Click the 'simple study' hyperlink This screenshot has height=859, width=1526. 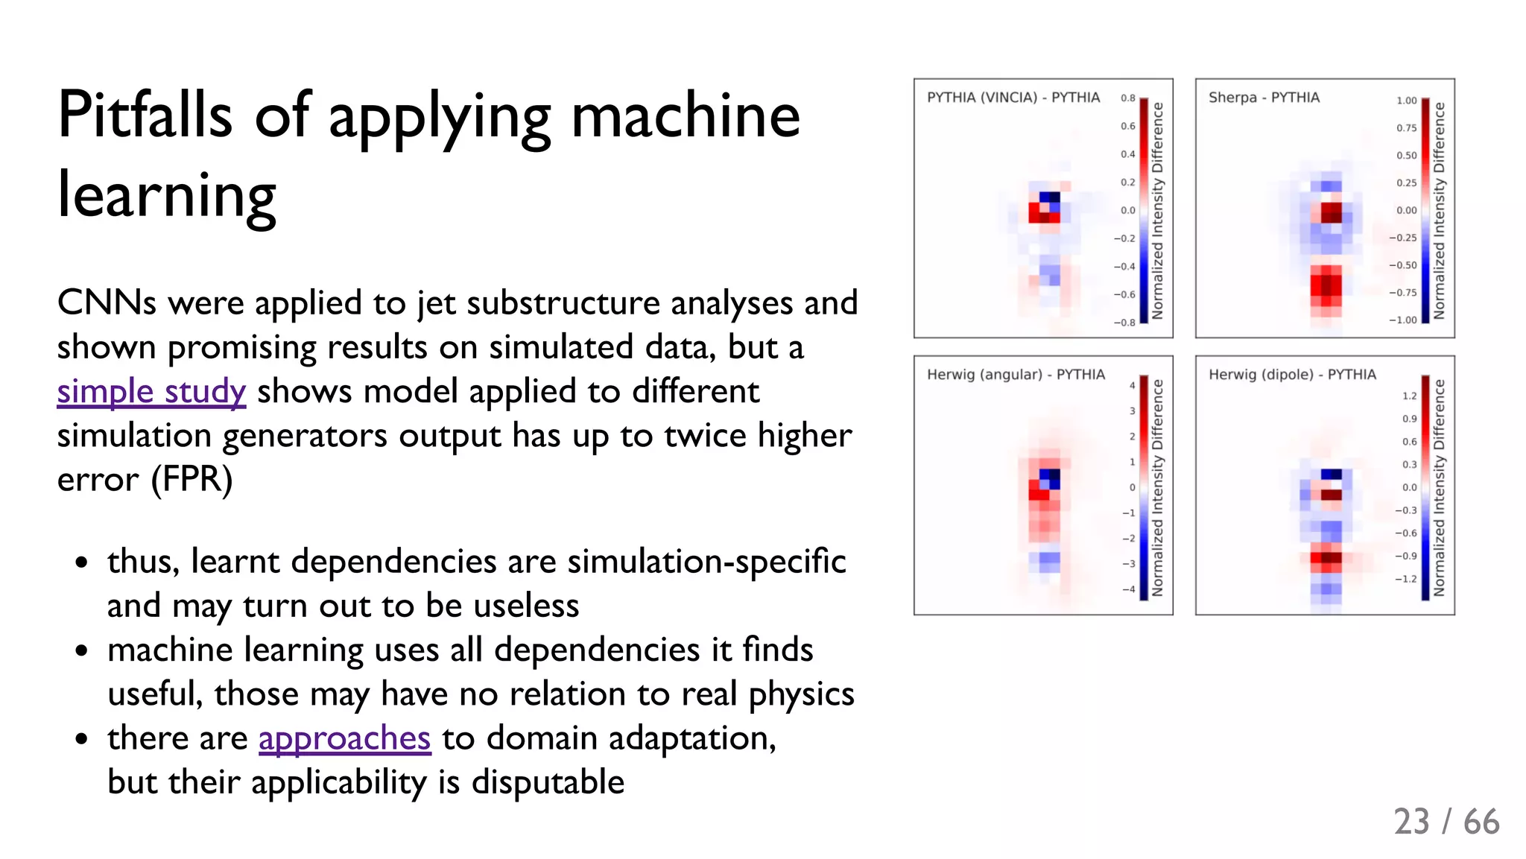click(151, 392)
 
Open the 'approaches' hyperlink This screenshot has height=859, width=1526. click(344, 738)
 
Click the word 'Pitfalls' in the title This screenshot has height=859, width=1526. click(145, 115)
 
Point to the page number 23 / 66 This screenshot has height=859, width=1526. click(1446, 822)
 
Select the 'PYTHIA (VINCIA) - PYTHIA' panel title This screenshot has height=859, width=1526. click(1013, 98)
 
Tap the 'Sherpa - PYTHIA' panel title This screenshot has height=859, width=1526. click(1263, 98)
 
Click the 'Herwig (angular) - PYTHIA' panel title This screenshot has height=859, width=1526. click(1015, 375)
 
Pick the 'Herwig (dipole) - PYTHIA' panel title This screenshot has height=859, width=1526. click(1291, 375)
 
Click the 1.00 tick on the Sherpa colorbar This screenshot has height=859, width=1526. click(1406, 101)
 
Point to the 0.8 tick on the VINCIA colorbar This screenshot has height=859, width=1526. click(1127, 98)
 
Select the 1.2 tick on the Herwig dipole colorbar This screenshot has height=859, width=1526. click(1409, 396)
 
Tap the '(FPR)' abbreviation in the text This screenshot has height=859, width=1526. click(191, 479)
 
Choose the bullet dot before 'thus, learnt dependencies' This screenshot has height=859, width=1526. click(82, 562)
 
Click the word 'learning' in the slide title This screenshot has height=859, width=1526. click(167, 195)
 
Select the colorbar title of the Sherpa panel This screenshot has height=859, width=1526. click(1439, 210)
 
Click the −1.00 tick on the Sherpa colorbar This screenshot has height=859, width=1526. click(1402, 320)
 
